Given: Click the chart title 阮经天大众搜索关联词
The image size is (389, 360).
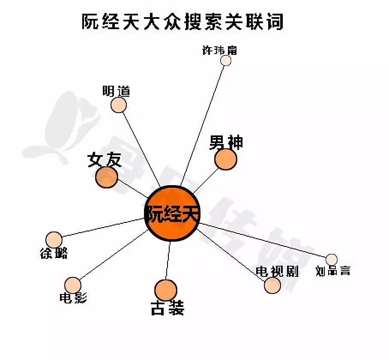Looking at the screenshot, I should (x=183, y=22).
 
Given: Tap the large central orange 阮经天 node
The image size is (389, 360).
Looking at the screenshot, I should (x=173, y=213).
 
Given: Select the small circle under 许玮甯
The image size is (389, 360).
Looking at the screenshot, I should (x=226, y=60).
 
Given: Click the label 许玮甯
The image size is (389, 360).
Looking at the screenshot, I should (x=219, y=50).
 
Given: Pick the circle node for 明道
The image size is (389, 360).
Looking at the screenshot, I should (x=119, y=105).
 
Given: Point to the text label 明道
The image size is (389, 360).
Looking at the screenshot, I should (x=116, y=91).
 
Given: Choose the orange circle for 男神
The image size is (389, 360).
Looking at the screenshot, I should (x=225, y=159).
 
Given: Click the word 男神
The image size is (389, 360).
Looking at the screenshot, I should (x=226, y=143).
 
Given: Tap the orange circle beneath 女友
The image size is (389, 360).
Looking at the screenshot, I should (x=106, y=177).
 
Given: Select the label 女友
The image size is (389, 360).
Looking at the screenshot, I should (x=104, y=160).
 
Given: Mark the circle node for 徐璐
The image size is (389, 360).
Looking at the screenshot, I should (x=54, y=240).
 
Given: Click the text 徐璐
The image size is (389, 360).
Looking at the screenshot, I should (x=54, y=254).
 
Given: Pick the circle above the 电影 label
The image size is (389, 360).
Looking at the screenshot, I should (x=73, y=285).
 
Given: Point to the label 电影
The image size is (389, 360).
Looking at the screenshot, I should (x=73, y=298).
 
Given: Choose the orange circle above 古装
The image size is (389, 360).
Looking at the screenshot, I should (x=165, y=291).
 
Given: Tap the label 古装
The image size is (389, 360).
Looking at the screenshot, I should (x=167, y=308).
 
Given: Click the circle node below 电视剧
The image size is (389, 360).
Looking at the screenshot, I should (x=272, y=285).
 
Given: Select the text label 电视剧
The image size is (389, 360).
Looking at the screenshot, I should (x=277, y=271).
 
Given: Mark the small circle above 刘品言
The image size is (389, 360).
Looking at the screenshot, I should (x=331, y=259).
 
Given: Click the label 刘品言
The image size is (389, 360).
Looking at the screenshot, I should (x=333, y=271).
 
